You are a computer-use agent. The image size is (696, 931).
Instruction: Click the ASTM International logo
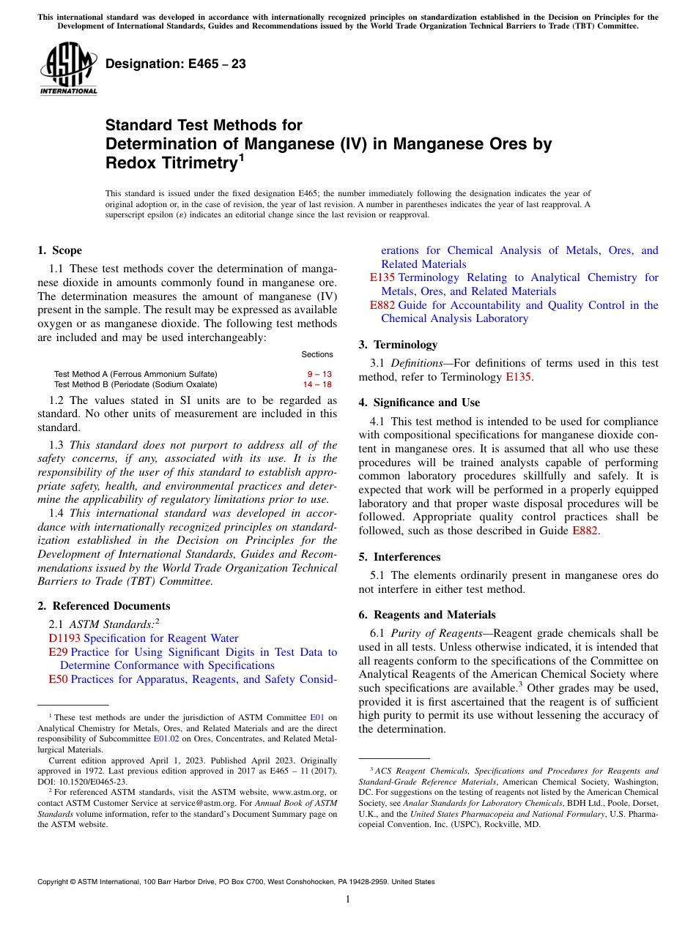(x=68, y=68)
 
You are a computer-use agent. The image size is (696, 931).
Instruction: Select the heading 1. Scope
(x=59, y=250)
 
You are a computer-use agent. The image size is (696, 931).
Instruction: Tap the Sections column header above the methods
(x=317, y=354)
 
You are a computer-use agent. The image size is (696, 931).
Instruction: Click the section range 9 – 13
(x=319, y=374)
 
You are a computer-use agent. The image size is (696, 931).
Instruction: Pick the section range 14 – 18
(x=317, y=384)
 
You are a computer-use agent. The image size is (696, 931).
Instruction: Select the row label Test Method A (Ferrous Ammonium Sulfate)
(x=136, y=374)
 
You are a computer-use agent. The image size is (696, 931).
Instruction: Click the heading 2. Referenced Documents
(x=103, y=606)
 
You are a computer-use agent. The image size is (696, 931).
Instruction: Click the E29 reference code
(x=58, y=652)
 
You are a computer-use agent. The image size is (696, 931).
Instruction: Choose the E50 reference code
(x=58, y=679)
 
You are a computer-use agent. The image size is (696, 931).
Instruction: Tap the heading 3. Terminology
(x=398, y=345)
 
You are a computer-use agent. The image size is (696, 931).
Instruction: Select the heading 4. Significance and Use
(x=419, y=403)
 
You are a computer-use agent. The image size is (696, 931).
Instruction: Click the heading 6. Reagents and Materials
(x=427, y=615)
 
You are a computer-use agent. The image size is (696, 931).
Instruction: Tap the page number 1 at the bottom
(x=348, y=900)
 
